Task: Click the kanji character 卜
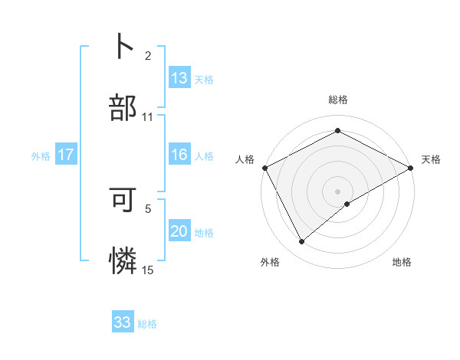point(123,45)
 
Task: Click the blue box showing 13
point(179,77)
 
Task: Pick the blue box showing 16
point(179,155)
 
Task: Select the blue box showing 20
point(179,231)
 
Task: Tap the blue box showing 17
point(66,155)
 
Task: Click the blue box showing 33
point(123,322)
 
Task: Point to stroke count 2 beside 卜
point(148,55)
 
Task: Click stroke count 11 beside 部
point(148,117)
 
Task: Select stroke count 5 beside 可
point(148,208)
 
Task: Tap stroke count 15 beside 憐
point(148,270)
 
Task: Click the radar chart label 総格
point(337,100)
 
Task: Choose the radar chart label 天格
point(431,159)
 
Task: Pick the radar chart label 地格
point(402,263)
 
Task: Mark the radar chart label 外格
point(270,263)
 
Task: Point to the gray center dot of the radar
point(337,191)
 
